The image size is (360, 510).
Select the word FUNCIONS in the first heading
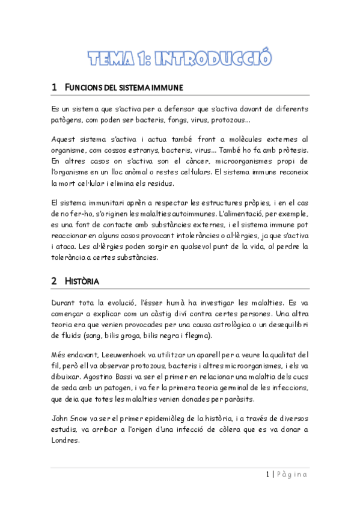click(83, 88)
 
